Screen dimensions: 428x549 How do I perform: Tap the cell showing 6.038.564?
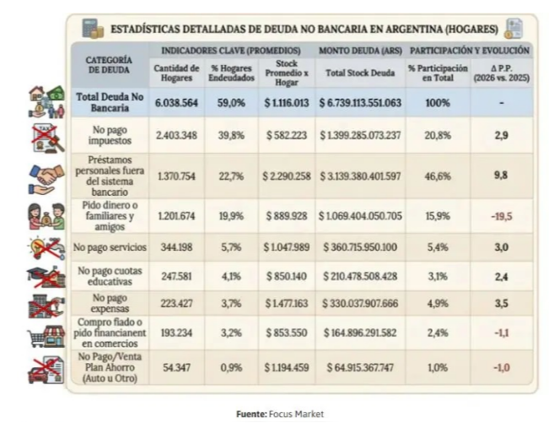pyautogui.click(x=177, y=103)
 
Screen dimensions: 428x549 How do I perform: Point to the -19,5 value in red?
pyautogui.click(x=502, y=216)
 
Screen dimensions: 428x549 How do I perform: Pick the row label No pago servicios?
pyautogui.click(x=111, y=248)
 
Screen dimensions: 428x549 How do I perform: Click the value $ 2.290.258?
pyautogui.click(x=287, y=176)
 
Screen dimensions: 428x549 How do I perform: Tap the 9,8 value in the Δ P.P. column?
pyautogui.click(x=502, y=176)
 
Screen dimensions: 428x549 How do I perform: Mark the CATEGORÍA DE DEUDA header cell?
pyautogui.click(x=110, y=66)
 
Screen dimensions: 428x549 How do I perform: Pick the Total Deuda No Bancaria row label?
pyautogui.click(x=111, y=103)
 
